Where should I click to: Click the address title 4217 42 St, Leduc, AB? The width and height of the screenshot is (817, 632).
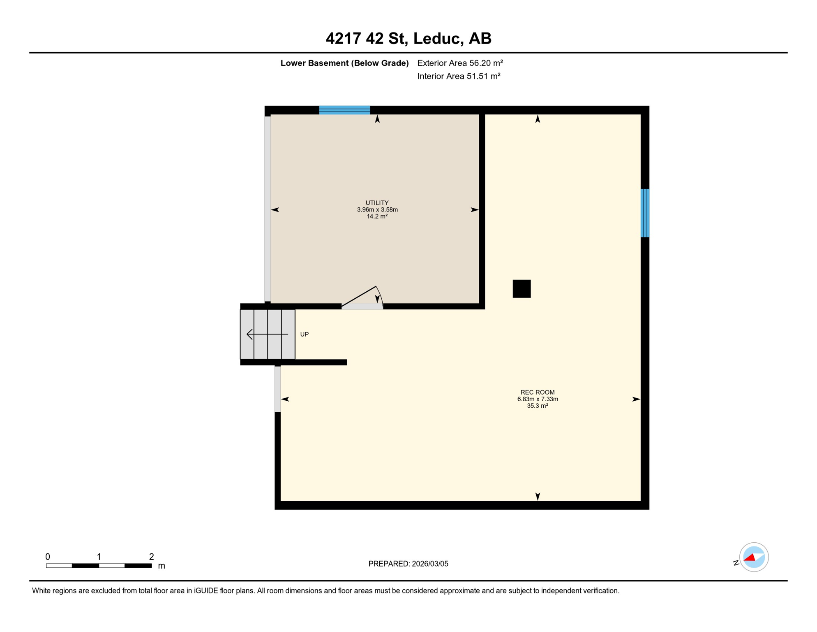(408, 39)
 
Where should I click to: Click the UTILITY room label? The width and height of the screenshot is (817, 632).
(377, 203)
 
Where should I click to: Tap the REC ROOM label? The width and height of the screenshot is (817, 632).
(537, 392)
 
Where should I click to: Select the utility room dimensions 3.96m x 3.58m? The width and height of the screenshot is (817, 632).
(377, 209)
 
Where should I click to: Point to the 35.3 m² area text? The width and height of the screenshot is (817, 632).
(537, 406)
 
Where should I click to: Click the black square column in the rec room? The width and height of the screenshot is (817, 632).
(521, 288)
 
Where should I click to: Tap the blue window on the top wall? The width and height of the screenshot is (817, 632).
(344, 110)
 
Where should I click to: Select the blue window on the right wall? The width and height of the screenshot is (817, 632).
(645, 213)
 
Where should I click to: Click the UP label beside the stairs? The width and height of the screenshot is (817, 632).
(304, 334)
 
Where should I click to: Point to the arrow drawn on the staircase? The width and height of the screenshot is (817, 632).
(267, 334)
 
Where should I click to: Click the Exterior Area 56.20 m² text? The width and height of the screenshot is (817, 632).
(460, 63)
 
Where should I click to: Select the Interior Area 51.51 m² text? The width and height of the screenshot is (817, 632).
(459, 76)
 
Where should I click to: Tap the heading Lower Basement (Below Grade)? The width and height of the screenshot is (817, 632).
(344, 63)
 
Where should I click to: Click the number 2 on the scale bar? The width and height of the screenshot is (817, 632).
(151, 557)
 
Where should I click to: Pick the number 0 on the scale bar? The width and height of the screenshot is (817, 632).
(48, 557)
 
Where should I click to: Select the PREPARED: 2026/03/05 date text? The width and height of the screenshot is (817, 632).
(408, 564)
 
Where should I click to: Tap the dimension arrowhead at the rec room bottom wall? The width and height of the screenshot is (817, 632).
(537, 497)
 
